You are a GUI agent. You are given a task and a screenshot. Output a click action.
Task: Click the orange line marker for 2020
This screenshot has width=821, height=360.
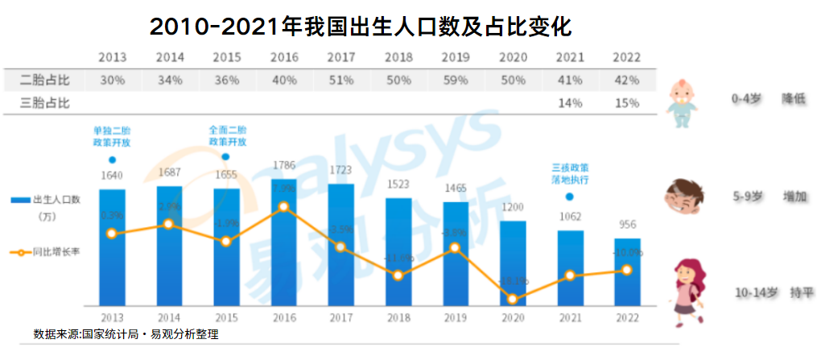pos(513,300)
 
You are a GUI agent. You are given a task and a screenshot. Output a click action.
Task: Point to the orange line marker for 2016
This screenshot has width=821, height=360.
pos(284,207)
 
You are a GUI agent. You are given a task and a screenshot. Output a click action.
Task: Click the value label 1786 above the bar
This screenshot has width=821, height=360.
pos(284,168)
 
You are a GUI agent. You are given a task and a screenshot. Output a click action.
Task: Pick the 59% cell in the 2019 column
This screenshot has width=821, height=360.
pos(456,81)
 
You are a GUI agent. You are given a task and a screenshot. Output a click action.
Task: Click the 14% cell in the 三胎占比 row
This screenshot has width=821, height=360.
pos(570,103)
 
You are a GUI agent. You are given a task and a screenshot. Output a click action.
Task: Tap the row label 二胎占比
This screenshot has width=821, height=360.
pos(45,81)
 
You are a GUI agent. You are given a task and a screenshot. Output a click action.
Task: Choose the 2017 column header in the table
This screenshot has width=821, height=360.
pos(341,58)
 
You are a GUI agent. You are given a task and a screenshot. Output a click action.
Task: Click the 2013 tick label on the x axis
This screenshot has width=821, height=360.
pos(112,317)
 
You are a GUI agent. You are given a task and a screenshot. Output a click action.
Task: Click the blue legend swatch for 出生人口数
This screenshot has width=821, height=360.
pos(20,199)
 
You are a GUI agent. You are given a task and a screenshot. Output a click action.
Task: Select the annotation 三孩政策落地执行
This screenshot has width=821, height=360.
pos(570,174)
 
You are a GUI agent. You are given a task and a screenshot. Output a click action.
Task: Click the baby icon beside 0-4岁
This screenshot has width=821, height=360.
pos(684,103)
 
